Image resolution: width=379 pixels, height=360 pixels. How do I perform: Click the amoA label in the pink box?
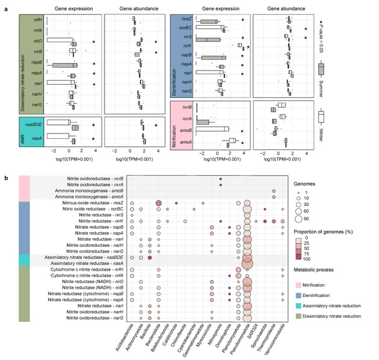click(x=187, y=143)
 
